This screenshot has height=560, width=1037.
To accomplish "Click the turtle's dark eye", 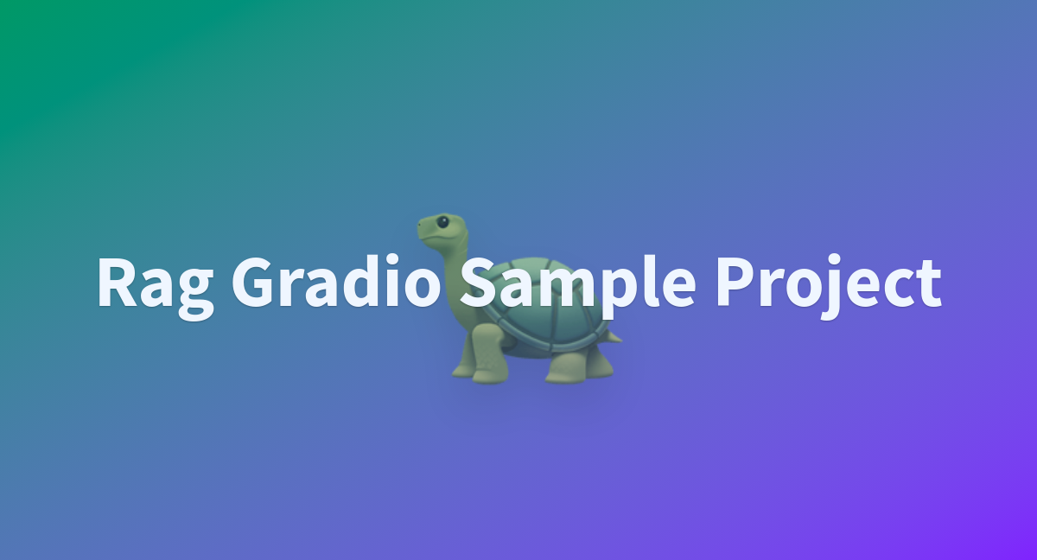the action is coord(442,222).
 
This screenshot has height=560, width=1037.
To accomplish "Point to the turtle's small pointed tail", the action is coord(614,337).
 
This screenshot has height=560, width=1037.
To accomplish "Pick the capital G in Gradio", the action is coord(251,282).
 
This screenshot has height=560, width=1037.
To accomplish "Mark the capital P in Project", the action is coord(735,282).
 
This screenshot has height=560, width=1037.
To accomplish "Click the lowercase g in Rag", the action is coord(196,295).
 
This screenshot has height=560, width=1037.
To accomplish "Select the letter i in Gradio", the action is coord(393,281).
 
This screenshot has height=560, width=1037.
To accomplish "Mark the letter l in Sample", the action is coord(649,281).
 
